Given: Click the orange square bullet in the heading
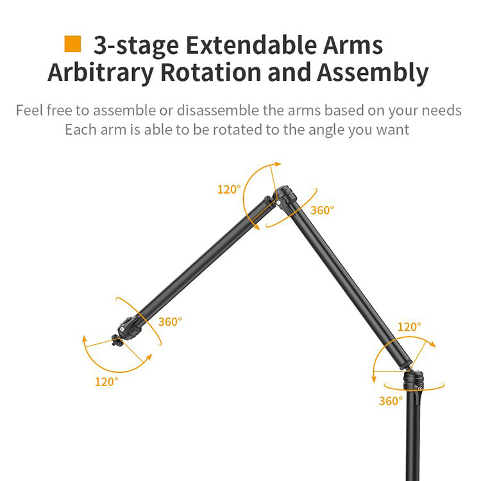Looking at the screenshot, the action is tap(72, 44).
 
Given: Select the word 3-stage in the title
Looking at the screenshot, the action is tap(136, 46).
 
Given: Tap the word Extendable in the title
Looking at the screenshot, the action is tap(251, 45).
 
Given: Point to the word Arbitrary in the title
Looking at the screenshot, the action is tap(101, 73).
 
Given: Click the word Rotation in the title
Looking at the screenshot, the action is tap(211, 72).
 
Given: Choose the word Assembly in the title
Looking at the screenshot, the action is tap(373, 73).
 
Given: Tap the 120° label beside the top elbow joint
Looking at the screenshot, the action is tap(229, 189).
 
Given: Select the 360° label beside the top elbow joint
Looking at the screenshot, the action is tap(322, 210).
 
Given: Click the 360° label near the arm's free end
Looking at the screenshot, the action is tap(170, 321).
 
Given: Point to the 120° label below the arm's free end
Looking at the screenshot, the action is tap(106, 382).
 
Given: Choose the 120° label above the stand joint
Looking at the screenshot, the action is tap(409, 326).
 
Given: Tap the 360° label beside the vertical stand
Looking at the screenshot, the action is tap(391, 401).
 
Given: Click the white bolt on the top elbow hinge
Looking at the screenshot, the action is tap(278, 203).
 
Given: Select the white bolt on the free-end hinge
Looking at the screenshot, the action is tap(122, 329).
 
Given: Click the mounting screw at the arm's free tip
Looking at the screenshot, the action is tap(117, 341).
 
